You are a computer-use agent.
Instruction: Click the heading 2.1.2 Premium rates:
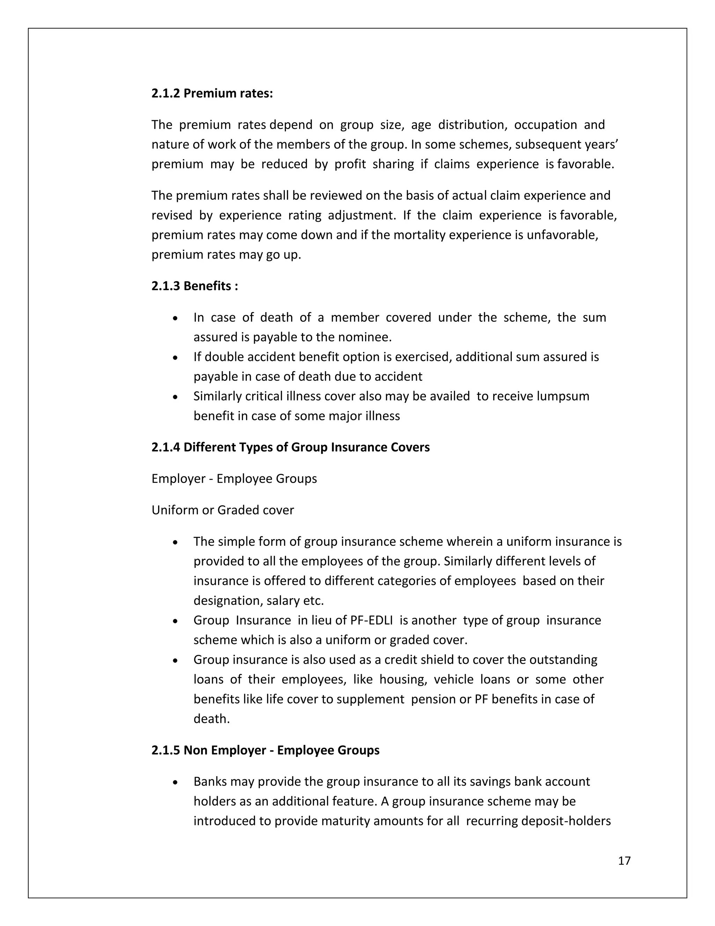212,93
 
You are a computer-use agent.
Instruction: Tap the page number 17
624,861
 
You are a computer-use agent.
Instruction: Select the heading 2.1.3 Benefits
195,286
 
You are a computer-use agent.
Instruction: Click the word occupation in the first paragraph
546,125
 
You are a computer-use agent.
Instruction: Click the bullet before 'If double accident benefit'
175,358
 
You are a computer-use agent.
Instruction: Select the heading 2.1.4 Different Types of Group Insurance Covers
290,447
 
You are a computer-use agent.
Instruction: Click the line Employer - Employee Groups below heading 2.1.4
234,479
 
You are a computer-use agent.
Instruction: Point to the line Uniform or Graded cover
223,510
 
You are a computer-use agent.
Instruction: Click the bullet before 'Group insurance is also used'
175,660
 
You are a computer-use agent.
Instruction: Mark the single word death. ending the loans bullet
211,719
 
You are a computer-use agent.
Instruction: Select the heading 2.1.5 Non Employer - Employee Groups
266,751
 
